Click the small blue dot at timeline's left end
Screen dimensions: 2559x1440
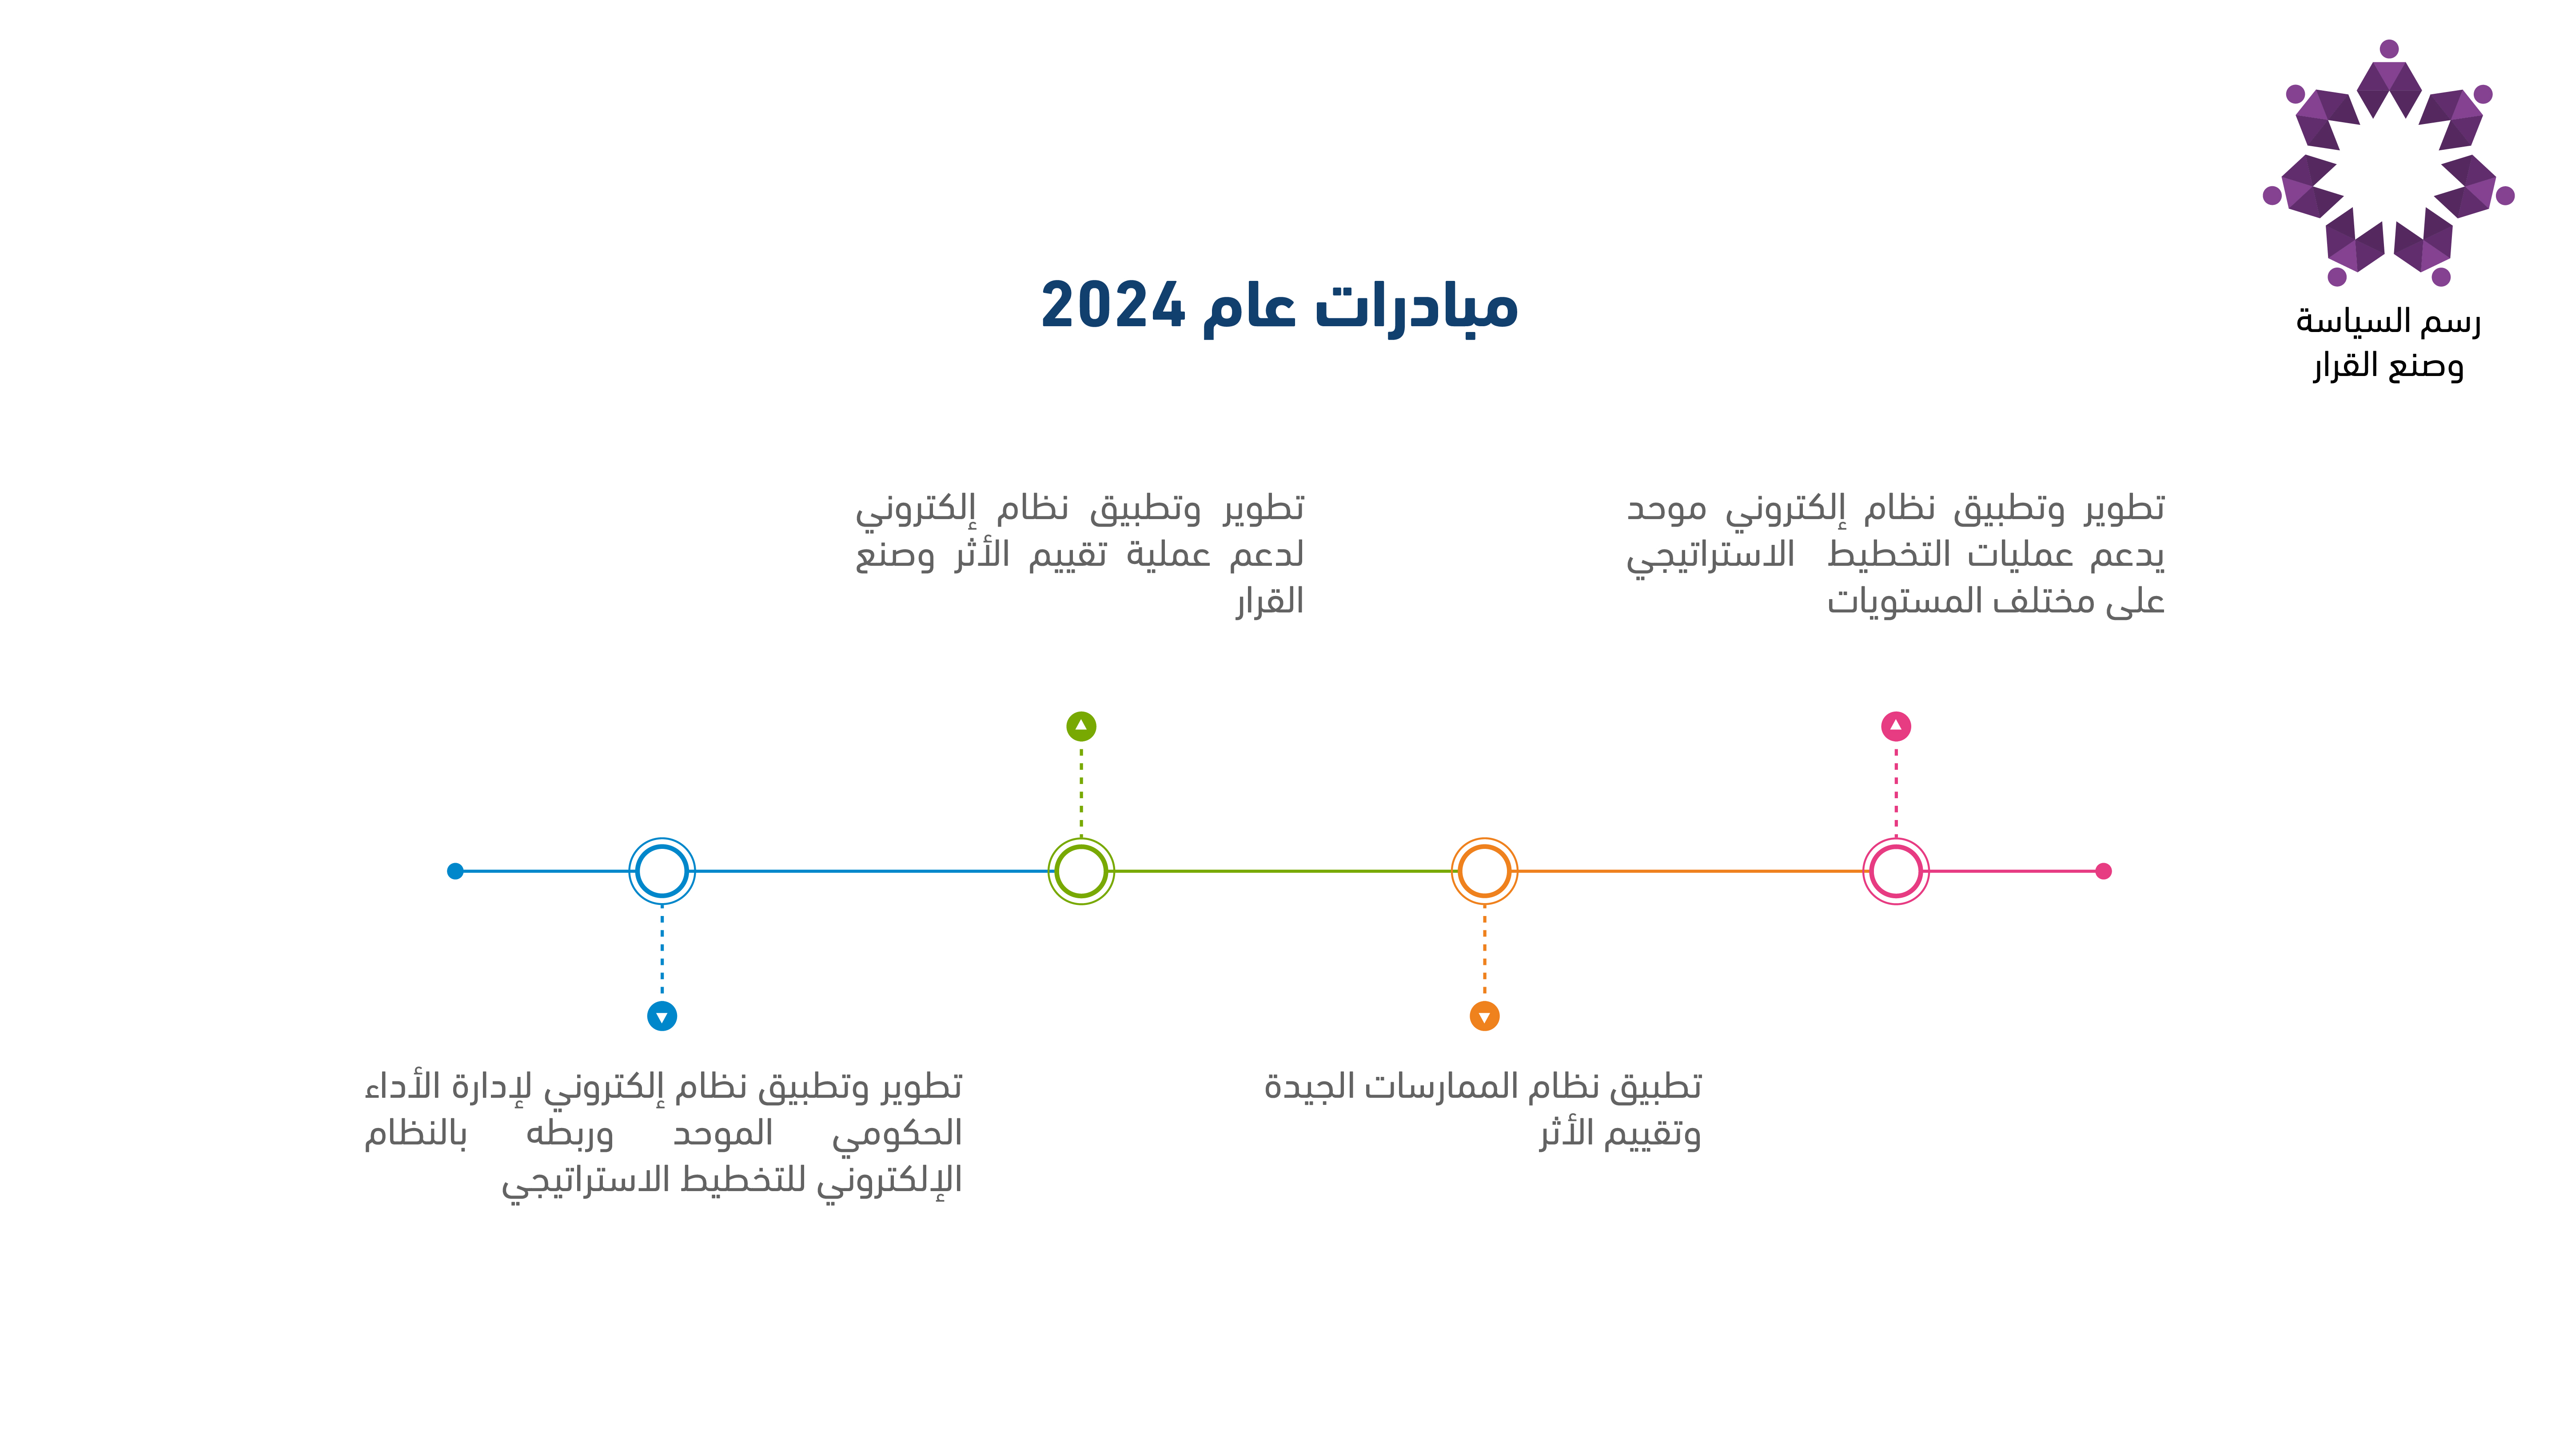[x=455, y=872]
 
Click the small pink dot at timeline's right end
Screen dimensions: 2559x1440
[x=2103, y=872]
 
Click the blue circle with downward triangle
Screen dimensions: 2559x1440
[x=662, y=1016]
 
